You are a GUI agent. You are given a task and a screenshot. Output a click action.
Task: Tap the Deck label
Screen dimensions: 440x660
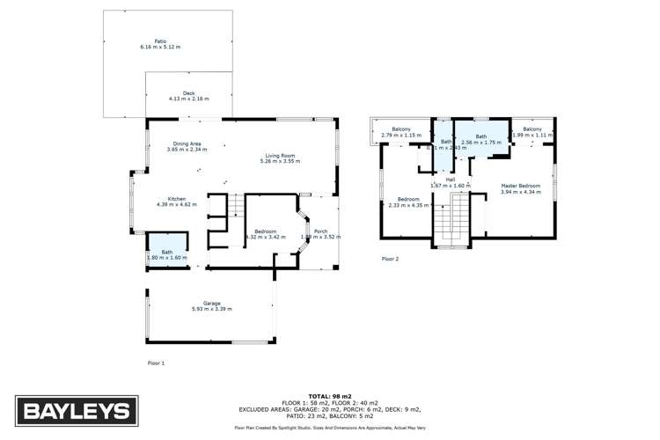(188, 95)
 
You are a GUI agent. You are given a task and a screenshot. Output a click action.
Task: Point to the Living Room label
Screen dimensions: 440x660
(280, 158)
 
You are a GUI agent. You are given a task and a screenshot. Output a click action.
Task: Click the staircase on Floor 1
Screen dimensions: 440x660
(234, 208)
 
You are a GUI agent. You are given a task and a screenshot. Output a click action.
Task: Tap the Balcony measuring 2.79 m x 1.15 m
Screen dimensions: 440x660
(402, 133)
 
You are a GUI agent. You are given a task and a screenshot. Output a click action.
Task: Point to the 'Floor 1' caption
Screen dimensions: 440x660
(156, 363)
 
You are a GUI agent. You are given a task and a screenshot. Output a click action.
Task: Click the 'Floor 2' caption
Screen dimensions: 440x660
(390, 259)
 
